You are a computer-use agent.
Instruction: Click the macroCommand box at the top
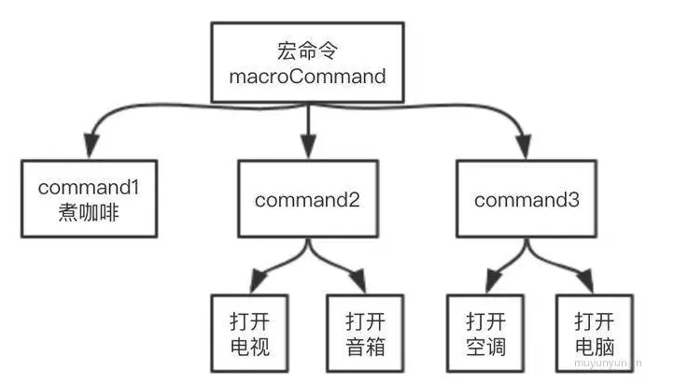[307, 61]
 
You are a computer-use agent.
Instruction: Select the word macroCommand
[307, 77]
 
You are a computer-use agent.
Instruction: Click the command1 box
[90, 199]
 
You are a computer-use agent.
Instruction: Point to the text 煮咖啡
[90, 212]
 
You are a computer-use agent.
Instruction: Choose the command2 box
[308, 200]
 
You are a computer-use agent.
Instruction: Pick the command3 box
[526, 199]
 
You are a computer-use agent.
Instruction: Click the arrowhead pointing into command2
[308, 146]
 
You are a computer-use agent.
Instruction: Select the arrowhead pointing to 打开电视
[254, 280]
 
